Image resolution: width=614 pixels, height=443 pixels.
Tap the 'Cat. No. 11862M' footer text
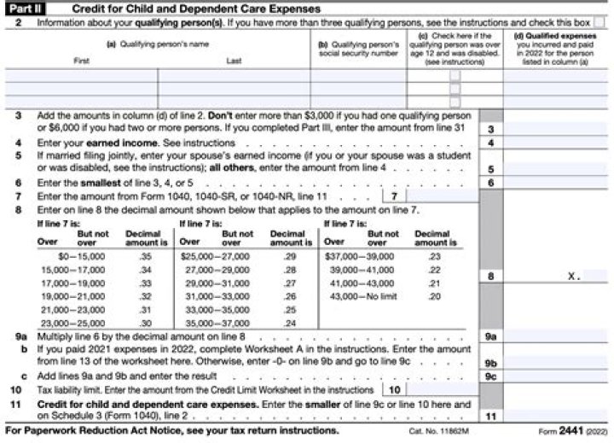pos(444,432)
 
